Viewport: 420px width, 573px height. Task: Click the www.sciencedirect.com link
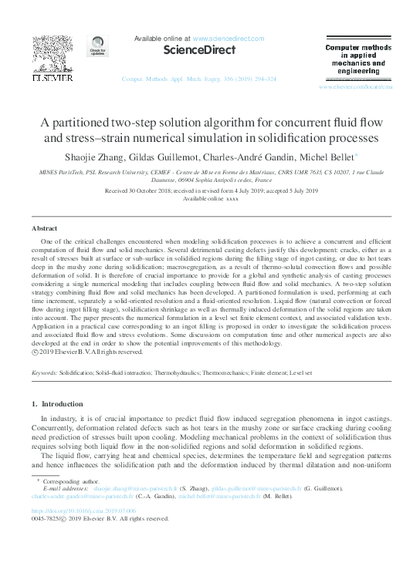pos(228,39)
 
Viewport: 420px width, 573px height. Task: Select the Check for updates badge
pos(97,47)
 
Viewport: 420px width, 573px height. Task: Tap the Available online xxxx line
pos(210,197)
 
